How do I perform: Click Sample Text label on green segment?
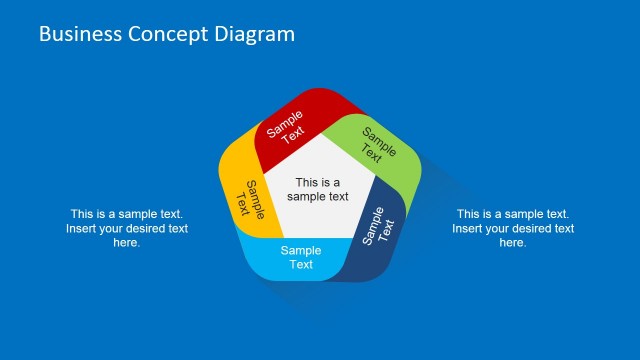tap(376, 145)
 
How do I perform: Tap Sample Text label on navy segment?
tap(379, 226)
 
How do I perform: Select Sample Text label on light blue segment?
tap(301, 258)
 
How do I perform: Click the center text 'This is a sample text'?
tap(318, 189)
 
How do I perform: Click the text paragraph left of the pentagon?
tap(127, 228)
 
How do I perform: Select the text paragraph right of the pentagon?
tap(513, 228)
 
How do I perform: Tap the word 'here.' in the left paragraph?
tap(127, 243)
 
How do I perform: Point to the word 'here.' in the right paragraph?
tap(513, 243)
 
